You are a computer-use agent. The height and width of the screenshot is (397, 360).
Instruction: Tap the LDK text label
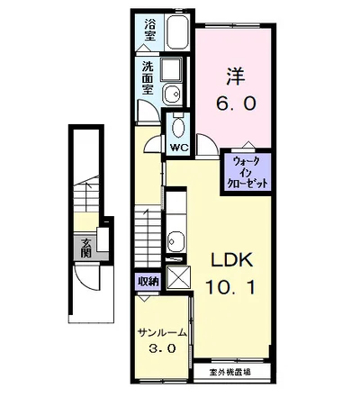point(232,260)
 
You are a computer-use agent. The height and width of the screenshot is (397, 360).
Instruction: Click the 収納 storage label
point(148,281)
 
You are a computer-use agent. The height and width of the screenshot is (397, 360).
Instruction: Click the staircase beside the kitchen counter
point(148,230)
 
